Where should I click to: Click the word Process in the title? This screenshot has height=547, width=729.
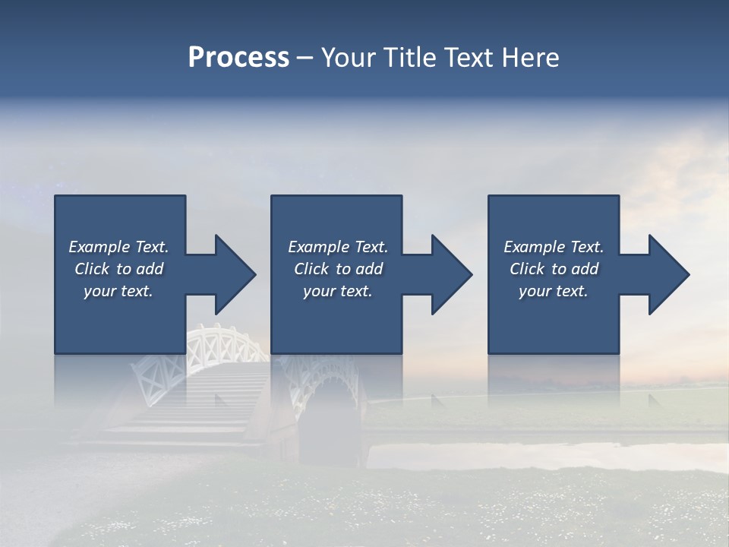(x=238, y=58)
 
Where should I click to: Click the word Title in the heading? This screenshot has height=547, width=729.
(x=409, y=58)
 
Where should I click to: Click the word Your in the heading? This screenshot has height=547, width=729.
(x=350, y=58)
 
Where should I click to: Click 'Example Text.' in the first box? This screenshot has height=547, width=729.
(x=118, y=247)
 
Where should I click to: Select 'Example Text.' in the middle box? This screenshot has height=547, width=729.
(x=338, y=247)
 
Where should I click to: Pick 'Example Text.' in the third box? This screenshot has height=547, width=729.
(x=554, y=247)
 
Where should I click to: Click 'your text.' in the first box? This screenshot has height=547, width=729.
(x=118, y=291)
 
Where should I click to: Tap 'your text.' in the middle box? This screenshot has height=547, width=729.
(x=338, y=291)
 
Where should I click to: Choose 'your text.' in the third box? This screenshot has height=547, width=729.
(x=554, y=291)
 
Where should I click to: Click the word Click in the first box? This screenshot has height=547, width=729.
(x=92, y=269)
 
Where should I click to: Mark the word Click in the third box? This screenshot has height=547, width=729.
(x=527, y=269)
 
